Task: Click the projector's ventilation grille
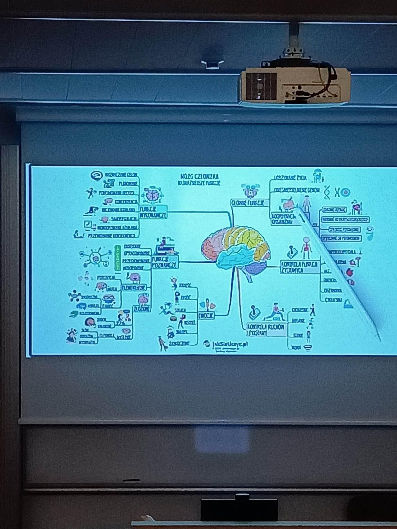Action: point(261,86)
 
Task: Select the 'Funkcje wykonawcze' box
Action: point(153,212)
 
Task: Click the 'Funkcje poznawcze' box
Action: point(164,262)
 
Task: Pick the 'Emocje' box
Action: point(206,316)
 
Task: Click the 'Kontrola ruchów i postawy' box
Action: point(266,330)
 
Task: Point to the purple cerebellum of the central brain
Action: point(255,268)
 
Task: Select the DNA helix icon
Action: point(327,192)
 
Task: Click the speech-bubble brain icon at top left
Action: point(96,175)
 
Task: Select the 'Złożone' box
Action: point(142,309)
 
